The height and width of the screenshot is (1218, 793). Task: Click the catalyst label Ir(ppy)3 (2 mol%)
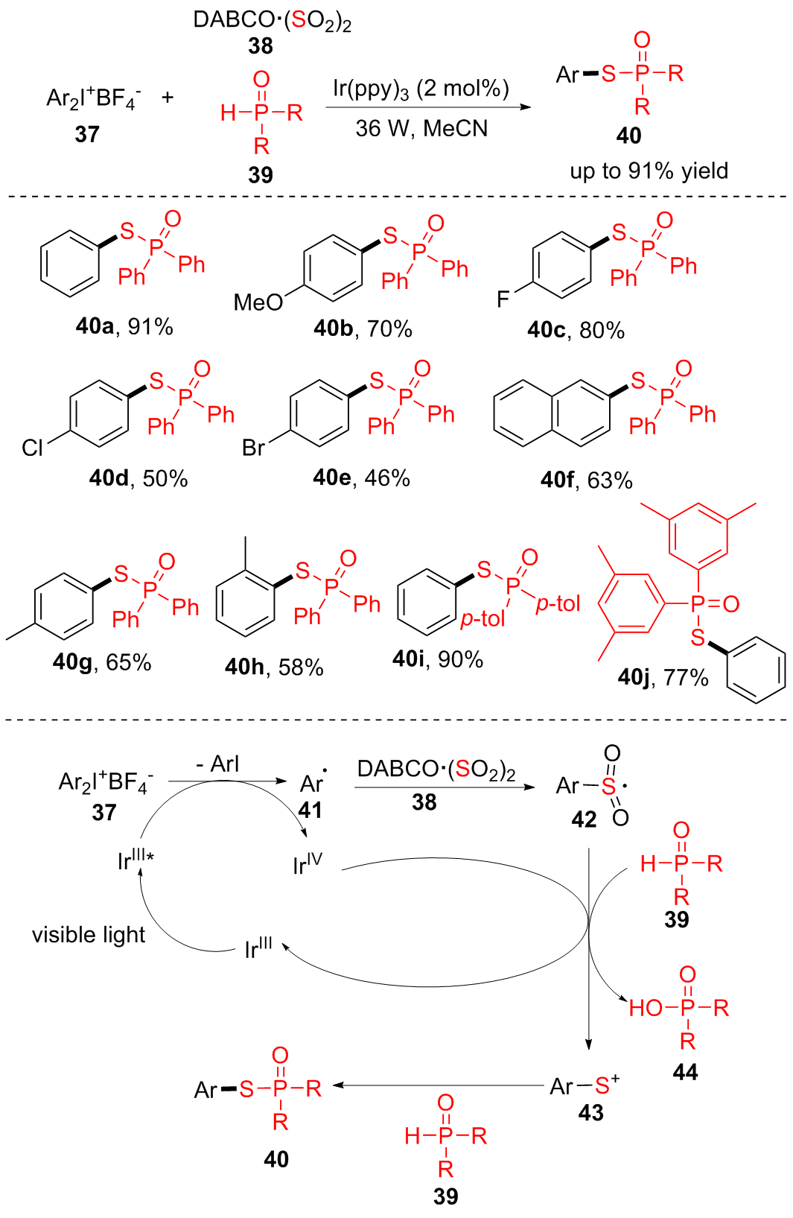[x=421, y=89]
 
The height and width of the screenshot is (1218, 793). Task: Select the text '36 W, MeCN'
[x=421, y=129]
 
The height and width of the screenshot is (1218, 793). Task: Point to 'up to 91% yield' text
[x=649, y=171]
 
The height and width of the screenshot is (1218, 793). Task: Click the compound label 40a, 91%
[x=124, y=326]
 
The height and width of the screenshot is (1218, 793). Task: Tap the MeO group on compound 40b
[x=258, y=302]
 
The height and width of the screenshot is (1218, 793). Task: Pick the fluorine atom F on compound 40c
[x=503, y=299]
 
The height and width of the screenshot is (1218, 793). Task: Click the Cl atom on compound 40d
[x=33, y=448]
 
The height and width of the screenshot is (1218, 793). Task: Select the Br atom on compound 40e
[x=253, y=448]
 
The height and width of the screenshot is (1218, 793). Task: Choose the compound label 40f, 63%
[x=586, y=480]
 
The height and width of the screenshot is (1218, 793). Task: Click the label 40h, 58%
[x=274, y=667]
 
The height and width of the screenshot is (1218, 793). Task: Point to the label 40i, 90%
[x=438, y=659]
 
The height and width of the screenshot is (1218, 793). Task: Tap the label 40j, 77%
[x=663, y=677]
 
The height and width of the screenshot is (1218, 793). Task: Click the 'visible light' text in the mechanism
[x=89, y=935]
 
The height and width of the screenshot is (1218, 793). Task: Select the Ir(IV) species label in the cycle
[x=308, y=863]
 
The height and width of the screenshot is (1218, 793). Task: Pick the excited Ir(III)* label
[x=136, y=860]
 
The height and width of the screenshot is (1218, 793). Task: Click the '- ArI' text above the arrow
[x=217, y=764]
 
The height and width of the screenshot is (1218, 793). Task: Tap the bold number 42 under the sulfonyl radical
[x=584, y=819]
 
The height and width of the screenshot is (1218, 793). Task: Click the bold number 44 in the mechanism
[x=685, y=1072]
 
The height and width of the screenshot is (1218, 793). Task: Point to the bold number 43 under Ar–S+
[x=590, y=1112]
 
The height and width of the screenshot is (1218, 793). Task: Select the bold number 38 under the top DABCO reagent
[x=261, y=46]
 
